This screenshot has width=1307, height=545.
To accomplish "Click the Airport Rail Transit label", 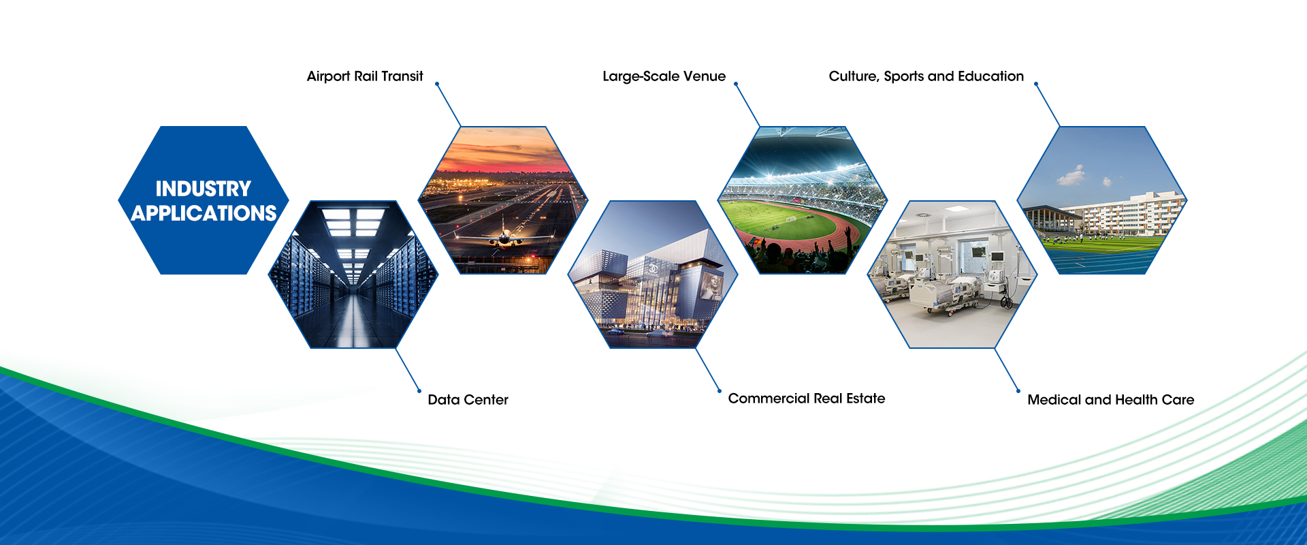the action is [x=365, y=76].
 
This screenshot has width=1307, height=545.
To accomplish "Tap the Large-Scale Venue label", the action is [x=664, y=76].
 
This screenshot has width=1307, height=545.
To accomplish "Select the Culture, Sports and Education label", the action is [x=926, y=76].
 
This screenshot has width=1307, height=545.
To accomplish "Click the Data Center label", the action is [x=468, y=400].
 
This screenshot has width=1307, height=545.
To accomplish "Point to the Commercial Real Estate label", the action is [x=807, y=399].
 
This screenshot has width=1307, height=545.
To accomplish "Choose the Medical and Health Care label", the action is [x=1111, y=400].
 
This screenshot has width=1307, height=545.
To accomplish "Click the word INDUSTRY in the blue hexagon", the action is [x=204, y=189].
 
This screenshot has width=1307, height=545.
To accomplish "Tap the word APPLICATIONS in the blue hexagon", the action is [x=204, y=213].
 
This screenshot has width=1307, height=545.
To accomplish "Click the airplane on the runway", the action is [x=504, y=236].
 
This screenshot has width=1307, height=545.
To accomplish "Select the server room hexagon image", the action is [x=353, y=275].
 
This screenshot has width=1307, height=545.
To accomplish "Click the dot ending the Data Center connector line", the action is [x=419, y=391].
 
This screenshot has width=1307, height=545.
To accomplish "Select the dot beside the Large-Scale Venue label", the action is [x=736, y=84].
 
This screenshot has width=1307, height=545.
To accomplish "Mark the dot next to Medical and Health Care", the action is [x=1018, y=391].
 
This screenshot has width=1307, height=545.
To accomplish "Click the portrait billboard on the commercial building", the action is [x=709, y=285].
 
